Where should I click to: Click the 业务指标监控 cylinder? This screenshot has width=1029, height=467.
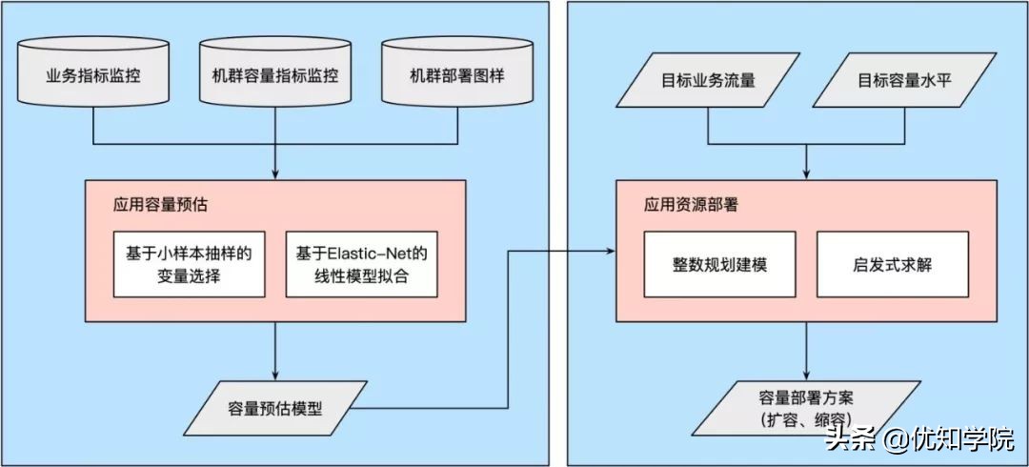pos(93,74)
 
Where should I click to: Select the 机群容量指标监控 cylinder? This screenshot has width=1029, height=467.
pos(275,74)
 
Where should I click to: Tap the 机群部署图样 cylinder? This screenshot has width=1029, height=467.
pos(456,74)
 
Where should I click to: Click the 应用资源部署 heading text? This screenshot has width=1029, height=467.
pos(682,204)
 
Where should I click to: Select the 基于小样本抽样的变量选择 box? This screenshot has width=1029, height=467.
pos(188,263)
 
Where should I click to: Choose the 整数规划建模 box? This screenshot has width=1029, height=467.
pos(719,264)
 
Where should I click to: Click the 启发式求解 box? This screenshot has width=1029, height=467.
pos(893,264)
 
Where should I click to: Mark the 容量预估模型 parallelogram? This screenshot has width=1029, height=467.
pos(275,409)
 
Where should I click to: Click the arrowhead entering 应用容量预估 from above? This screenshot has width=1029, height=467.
pos(275,174)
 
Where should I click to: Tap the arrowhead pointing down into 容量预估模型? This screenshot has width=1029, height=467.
pos(275,376)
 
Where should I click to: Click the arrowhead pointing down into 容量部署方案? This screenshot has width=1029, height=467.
pos(808,376)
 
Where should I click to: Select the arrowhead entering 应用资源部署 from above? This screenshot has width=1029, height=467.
pos(808,174)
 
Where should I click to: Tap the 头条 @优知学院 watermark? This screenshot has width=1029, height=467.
pos(919,440)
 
